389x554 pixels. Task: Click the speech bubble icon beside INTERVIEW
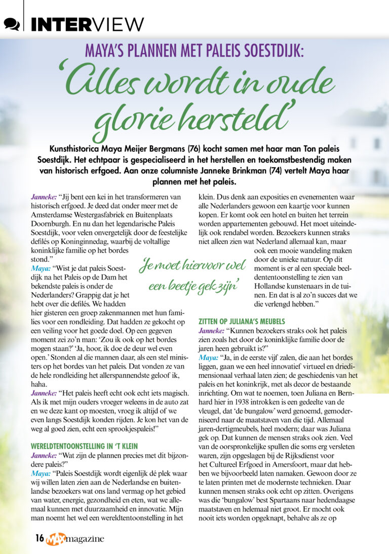click(12, 23)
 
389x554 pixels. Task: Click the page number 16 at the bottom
click(39, 538)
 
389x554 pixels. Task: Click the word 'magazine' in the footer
click(86, 539)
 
